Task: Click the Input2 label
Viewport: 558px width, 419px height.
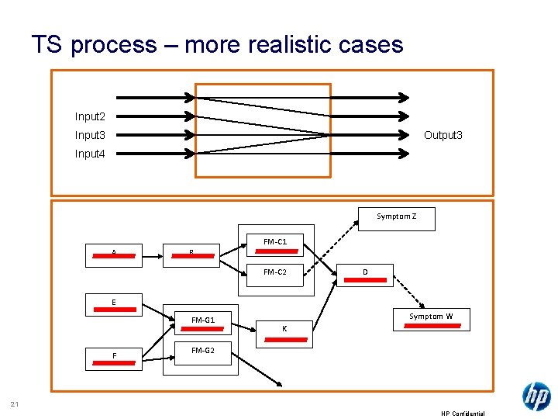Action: tap(90, 116)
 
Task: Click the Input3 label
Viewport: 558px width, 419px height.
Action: tap(90, 135)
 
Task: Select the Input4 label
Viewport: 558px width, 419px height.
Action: tap(90, 154)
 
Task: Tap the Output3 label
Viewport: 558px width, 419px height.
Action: tap(443, 135)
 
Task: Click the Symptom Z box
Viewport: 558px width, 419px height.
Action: tap(397, 219)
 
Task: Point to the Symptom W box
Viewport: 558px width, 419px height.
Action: tap(431, 319)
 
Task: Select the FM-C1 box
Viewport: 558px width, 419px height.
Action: tap(275, 244)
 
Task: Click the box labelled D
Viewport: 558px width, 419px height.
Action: tap(365, 275)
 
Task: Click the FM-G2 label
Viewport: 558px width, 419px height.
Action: tap(202, 351)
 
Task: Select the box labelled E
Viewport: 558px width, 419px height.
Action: tap(114, 305)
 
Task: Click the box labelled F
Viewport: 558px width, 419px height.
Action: tap(114, 358)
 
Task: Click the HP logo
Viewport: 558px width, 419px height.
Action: tap(536, 396)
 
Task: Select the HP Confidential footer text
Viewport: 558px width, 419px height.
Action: tap(463, 414)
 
